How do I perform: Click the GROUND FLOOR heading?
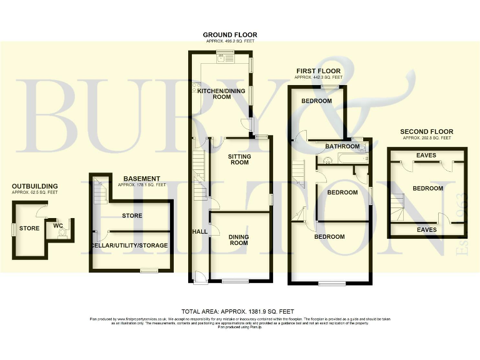click(x=230, y=35)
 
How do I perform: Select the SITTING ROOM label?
click(x=238, y=159)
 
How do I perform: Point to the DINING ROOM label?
click(x=238, y=239)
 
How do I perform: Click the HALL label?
click(x=200, y=232)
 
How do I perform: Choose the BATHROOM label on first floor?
click(x=342, y=146)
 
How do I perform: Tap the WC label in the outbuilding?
click(x=58, y=225)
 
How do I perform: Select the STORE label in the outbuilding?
click(x=29, y=228)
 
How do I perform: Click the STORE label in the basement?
click(x=132, y=216)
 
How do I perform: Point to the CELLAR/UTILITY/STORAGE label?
click(x=129, y=246)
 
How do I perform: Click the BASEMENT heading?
click(x=142, y=179)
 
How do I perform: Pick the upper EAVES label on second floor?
click(x=426, y=155)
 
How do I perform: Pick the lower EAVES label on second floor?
click(x=426, y=229)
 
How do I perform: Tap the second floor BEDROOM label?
click(x=427, y=188)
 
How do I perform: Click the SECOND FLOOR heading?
click(x=426, y=132)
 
